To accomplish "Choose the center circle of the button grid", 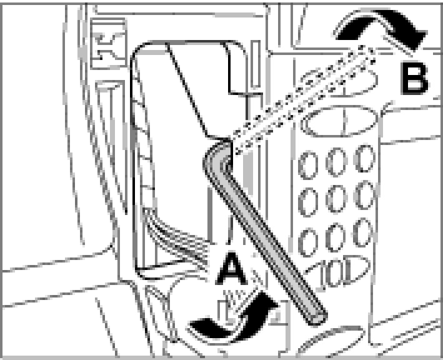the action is pyautogui.click(x=336, y=199).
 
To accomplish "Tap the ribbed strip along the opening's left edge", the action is pyautogui.click(x=140, y=156).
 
